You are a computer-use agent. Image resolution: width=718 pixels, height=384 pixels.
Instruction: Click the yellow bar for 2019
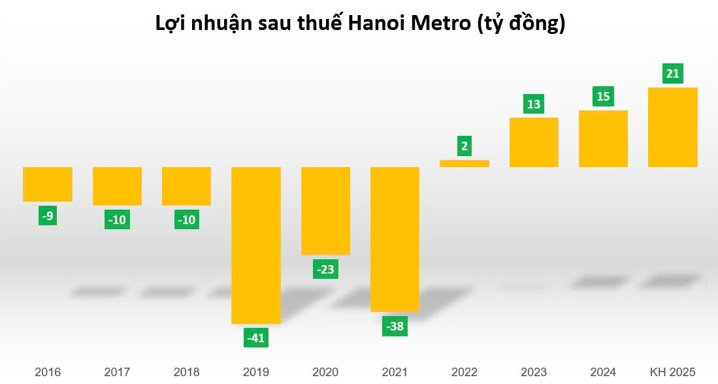256,245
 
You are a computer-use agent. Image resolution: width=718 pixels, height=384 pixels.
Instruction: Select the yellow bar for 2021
395,239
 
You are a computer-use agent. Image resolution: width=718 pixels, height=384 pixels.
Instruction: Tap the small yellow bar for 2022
464,163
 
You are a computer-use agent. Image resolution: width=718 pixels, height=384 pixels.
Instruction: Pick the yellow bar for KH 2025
672,127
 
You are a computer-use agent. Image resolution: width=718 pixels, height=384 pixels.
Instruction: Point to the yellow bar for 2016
48,184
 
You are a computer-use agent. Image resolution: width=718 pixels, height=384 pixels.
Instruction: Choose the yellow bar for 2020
325,211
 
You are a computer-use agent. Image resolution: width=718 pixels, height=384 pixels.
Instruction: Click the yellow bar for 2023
534,142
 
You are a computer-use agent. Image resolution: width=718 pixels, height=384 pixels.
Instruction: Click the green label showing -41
256,338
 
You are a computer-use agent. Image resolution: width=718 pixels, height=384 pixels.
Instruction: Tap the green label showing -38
395,327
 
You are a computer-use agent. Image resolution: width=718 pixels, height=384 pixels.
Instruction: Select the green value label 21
672,73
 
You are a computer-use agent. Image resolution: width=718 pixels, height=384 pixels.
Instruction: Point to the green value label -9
48,216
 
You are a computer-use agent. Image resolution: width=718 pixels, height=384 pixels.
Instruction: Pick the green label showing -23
325,269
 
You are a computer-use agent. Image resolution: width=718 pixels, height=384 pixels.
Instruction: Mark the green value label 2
464,146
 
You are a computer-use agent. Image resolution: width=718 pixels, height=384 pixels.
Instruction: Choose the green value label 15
603,97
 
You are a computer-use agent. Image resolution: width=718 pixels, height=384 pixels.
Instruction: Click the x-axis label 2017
117,372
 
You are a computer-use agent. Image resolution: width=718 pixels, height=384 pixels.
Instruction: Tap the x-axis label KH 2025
672,372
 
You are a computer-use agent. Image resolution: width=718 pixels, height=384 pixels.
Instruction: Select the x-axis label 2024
603,372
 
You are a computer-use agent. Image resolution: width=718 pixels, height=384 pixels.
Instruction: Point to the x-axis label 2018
186,372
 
